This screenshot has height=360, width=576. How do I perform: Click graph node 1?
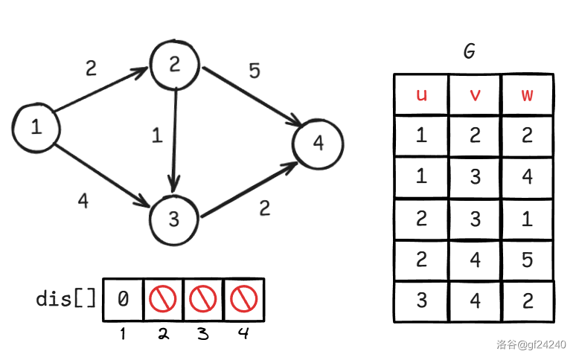[36, 128]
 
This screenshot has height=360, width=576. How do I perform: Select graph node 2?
[174, 65]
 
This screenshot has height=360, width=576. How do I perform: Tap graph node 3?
[174, 220]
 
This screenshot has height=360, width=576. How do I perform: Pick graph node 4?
[318, 144]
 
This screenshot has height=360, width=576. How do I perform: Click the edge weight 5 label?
[255, 71]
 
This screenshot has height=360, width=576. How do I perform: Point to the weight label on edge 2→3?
[157, 135]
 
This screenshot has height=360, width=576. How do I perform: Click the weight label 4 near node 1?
[83, 201]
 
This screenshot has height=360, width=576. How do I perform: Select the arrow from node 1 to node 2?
[101, 89]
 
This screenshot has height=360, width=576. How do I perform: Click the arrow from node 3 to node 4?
[249, 190]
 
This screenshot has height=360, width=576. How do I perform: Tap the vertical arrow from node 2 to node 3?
[174, 140]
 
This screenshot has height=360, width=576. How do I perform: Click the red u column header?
[421, 94]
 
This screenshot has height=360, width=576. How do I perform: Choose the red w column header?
[527, 95]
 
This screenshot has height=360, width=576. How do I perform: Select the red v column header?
[475, 95]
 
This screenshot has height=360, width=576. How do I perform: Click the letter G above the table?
[470, 51]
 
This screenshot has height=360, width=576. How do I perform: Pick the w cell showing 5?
[527, 260]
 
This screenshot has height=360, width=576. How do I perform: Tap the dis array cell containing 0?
[123, 300]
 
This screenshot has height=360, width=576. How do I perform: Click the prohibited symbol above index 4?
[243, 299]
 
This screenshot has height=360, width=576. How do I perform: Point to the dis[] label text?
[66, 298]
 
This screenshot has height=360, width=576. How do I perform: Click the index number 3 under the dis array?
[202, 333]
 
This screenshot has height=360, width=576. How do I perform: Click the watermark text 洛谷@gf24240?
[531, 344]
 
